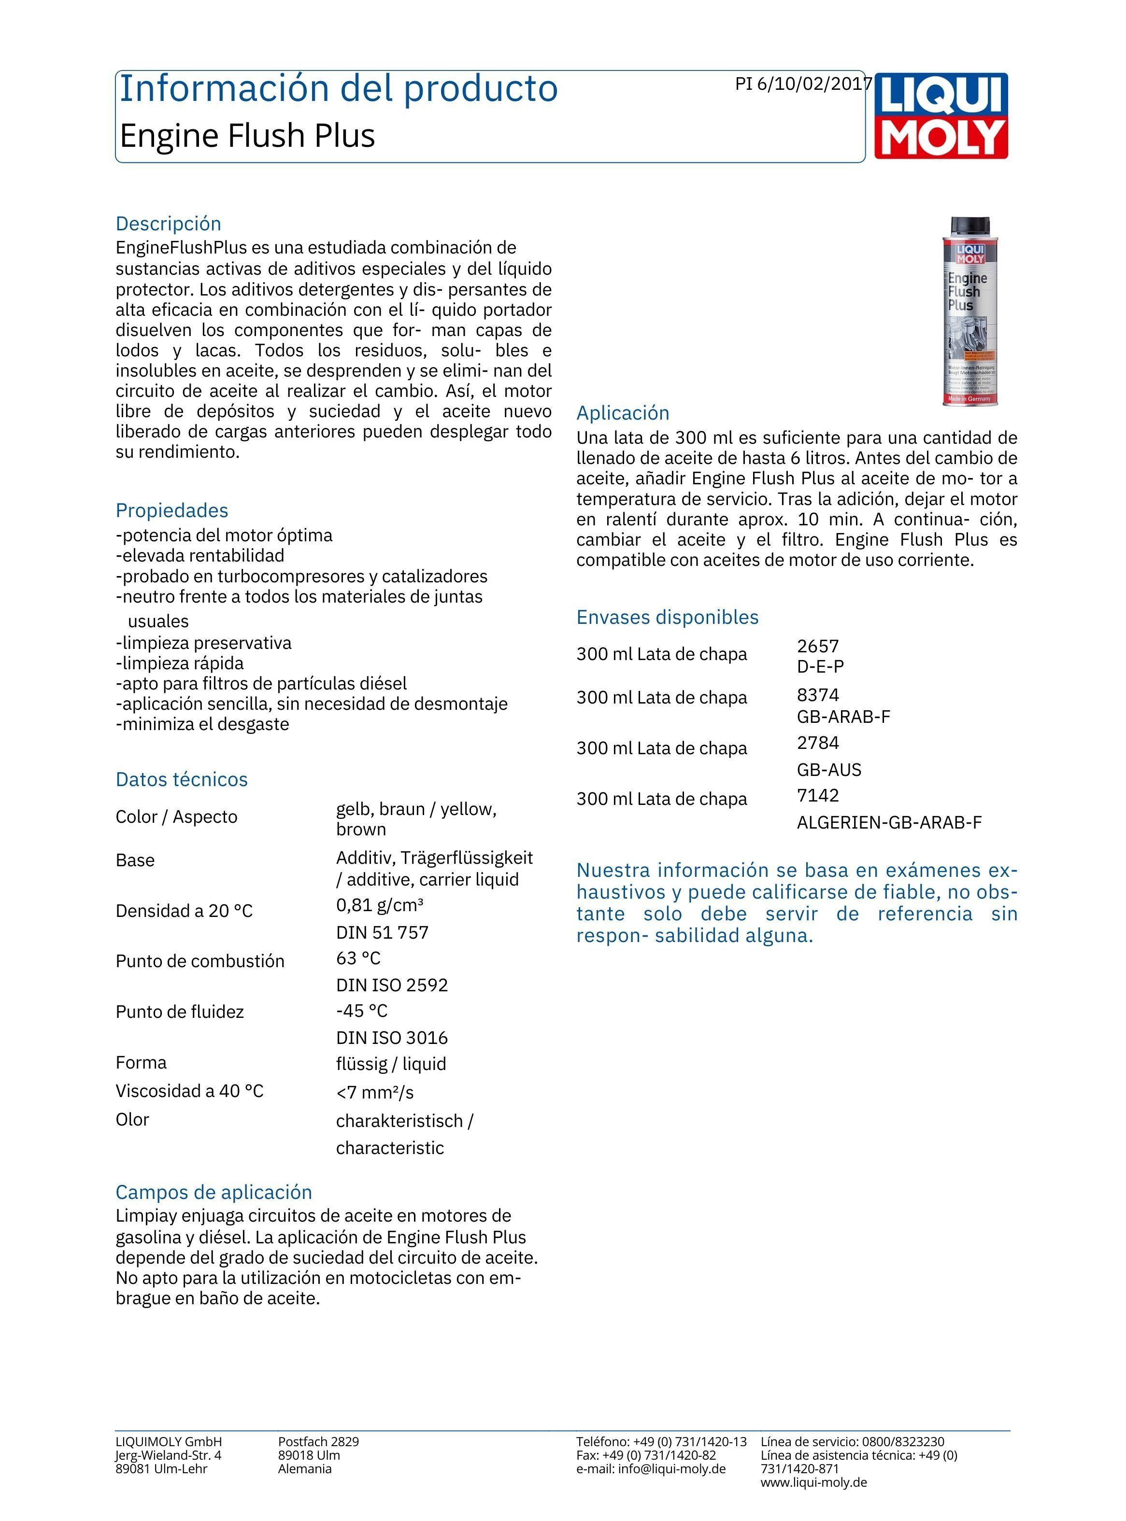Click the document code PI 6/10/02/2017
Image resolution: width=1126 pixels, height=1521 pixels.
(803, 84)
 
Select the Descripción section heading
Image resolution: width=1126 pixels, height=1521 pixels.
(169, 224)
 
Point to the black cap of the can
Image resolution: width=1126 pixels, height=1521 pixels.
(970, 225)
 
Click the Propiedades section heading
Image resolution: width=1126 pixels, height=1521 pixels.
(172, 510)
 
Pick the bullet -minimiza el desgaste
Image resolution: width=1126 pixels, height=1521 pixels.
(202, 724)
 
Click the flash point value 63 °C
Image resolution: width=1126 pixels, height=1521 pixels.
(358, 958)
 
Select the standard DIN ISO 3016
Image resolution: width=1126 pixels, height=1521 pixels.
(392, 1038)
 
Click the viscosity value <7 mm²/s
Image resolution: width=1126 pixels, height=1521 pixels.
(375, 1093)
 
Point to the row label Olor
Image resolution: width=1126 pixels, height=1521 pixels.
(132, 1119)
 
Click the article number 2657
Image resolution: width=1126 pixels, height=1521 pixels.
(818, 646)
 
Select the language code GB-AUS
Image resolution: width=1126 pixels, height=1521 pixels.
(829, 770)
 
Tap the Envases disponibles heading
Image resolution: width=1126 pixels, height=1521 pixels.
(667, 617)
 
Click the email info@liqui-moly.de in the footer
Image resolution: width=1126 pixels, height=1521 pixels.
(671, 1468)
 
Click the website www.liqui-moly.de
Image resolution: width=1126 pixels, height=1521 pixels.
(814, 1482)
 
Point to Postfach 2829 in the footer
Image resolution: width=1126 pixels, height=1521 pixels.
(318, 1441)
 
